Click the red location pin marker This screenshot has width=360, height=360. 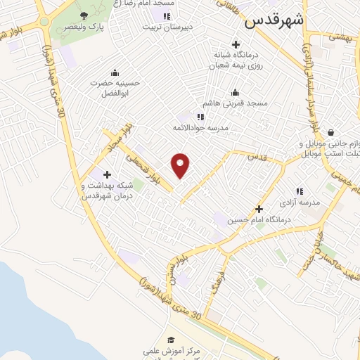(x=181, y=165)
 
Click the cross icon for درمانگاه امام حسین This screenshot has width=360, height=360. (x=259, y=209)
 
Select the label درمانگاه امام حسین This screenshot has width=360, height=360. (x=268, y=219)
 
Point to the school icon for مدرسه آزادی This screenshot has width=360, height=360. (x=300, y=191)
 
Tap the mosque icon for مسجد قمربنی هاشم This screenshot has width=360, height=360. (x=236, y=92)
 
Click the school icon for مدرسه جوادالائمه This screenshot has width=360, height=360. (x=200, y=117)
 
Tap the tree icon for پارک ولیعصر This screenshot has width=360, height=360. (x=84, y=15)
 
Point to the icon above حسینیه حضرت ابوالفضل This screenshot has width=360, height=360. (x=115, y=72)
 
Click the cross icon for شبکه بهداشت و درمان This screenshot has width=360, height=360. (x=107, y=174)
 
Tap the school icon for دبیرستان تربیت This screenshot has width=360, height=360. (x=166, y=16)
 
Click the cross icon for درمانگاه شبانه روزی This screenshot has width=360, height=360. (x=236, y=44)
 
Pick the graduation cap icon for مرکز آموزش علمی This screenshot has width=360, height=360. (x=172, y=340)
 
